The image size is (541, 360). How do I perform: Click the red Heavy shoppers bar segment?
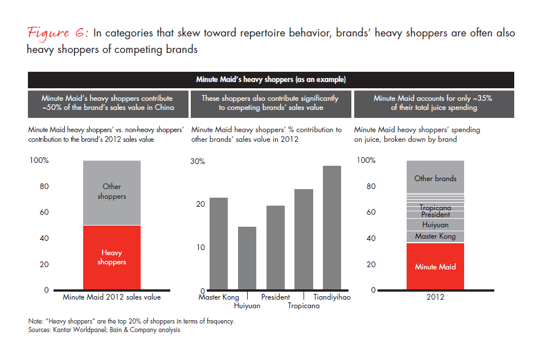point(112,257)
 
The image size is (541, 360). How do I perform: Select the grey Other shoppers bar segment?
point(112,193)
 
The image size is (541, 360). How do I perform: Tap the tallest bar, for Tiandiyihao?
point(332,228)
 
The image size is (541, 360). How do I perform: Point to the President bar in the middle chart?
point(276,248)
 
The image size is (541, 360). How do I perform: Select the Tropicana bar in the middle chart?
point(304,239)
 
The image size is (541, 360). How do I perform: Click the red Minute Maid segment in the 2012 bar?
point(435,267)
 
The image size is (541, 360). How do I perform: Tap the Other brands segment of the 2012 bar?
point(435,178)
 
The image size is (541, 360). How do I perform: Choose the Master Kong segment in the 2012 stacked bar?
point(435,236)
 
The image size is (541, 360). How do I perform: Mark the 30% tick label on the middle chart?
point(197,161)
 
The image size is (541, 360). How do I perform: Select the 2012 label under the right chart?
point(435,297)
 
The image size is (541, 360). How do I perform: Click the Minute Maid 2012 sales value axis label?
point(112,297)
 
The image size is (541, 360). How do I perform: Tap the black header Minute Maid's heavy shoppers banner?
point(271,79)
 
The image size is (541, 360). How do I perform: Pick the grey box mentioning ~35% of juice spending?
point(433,103)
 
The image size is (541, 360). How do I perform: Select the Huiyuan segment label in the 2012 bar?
point(435,225)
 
